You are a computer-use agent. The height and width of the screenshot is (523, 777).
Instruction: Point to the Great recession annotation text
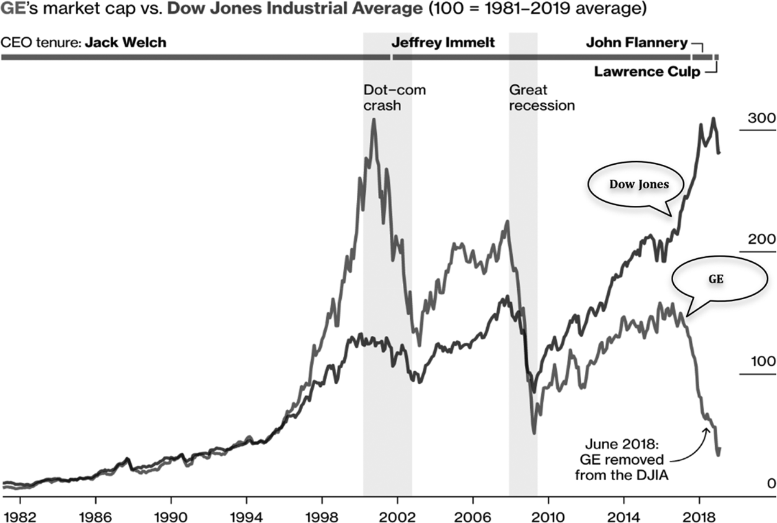point(541,98)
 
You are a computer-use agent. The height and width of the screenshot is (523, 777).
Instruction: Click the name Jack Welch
point(126,43)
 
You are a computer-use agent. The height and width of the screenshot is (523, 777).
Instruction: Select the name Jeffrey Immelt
point(443,43)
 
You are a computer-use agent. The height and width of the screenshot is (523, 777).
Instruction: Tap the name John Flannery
point(637,43)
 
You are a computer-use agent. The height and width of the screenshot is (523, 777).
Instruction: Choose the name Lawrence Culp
point(647,72)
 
